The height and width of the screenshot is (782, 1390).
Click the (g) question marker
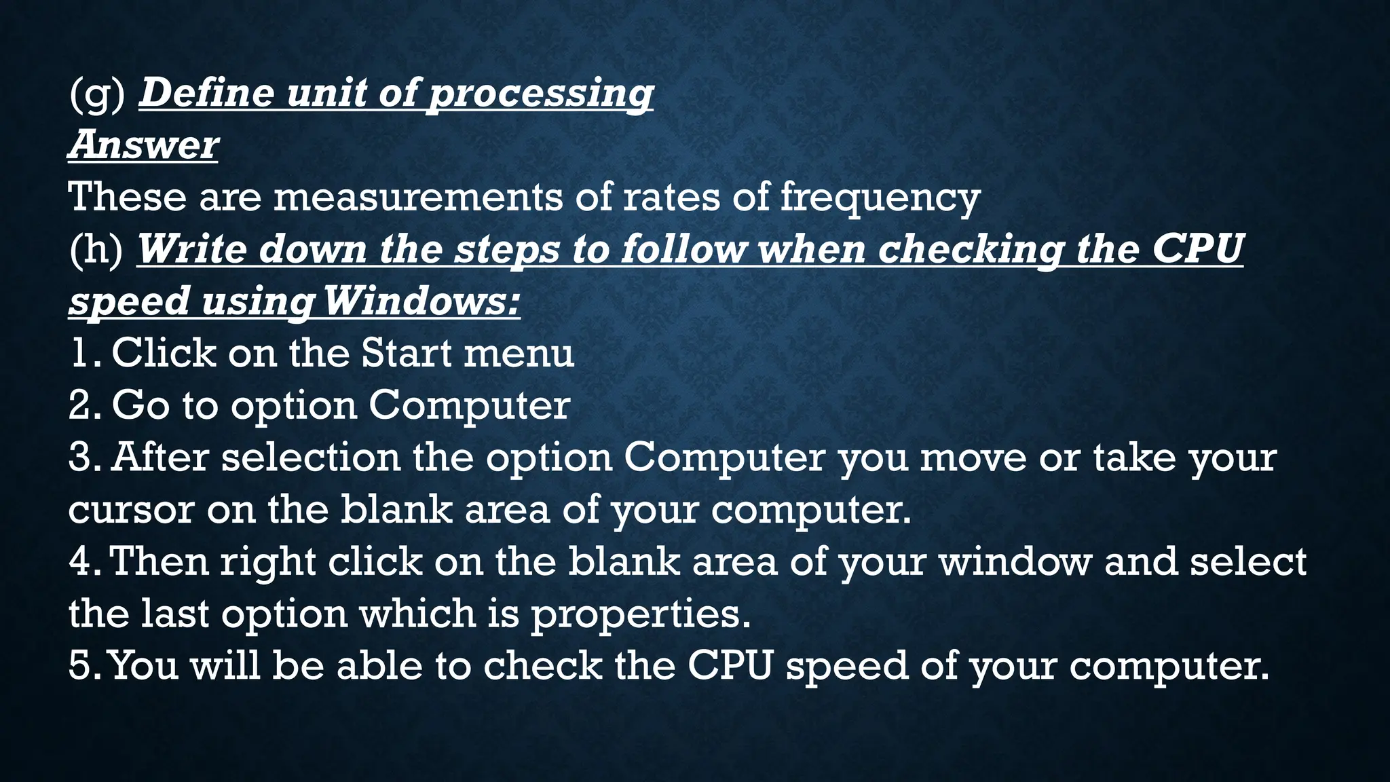(97, 94)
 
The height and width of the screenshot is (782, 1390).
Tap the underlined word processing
(541, 94)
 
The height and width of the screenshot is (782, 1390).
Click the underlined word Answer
(143, 145)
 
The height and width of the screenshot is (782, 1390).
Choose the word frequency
(880, 198)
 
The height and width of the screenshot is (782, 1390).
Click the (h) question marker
(96, 249)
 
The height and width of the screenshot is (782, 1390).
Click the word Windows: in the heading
(421, 301)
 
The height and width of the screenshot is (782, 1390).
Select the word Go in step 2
(140, 406)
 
